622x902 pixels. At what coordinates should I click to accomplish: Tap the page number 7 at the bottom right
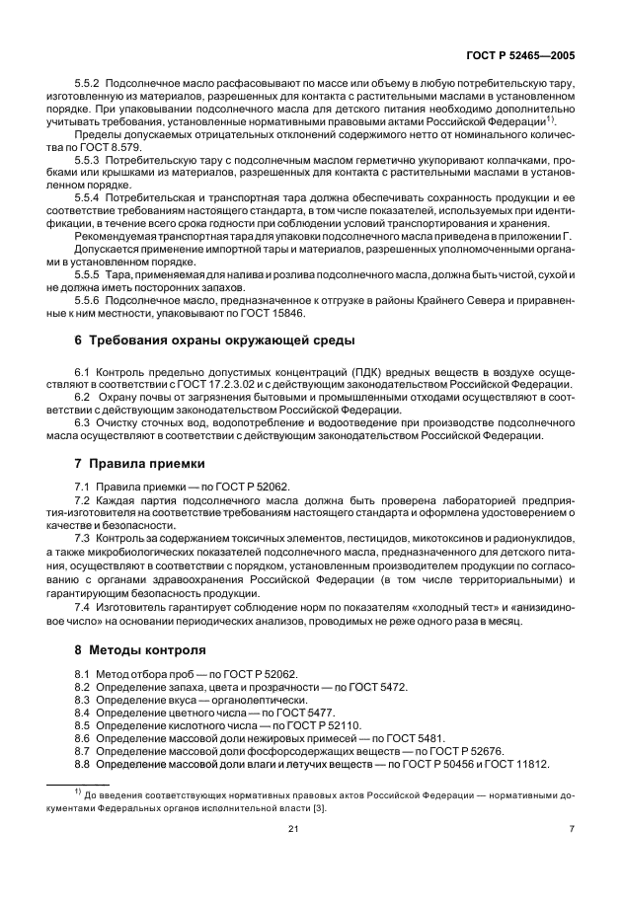571,829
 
